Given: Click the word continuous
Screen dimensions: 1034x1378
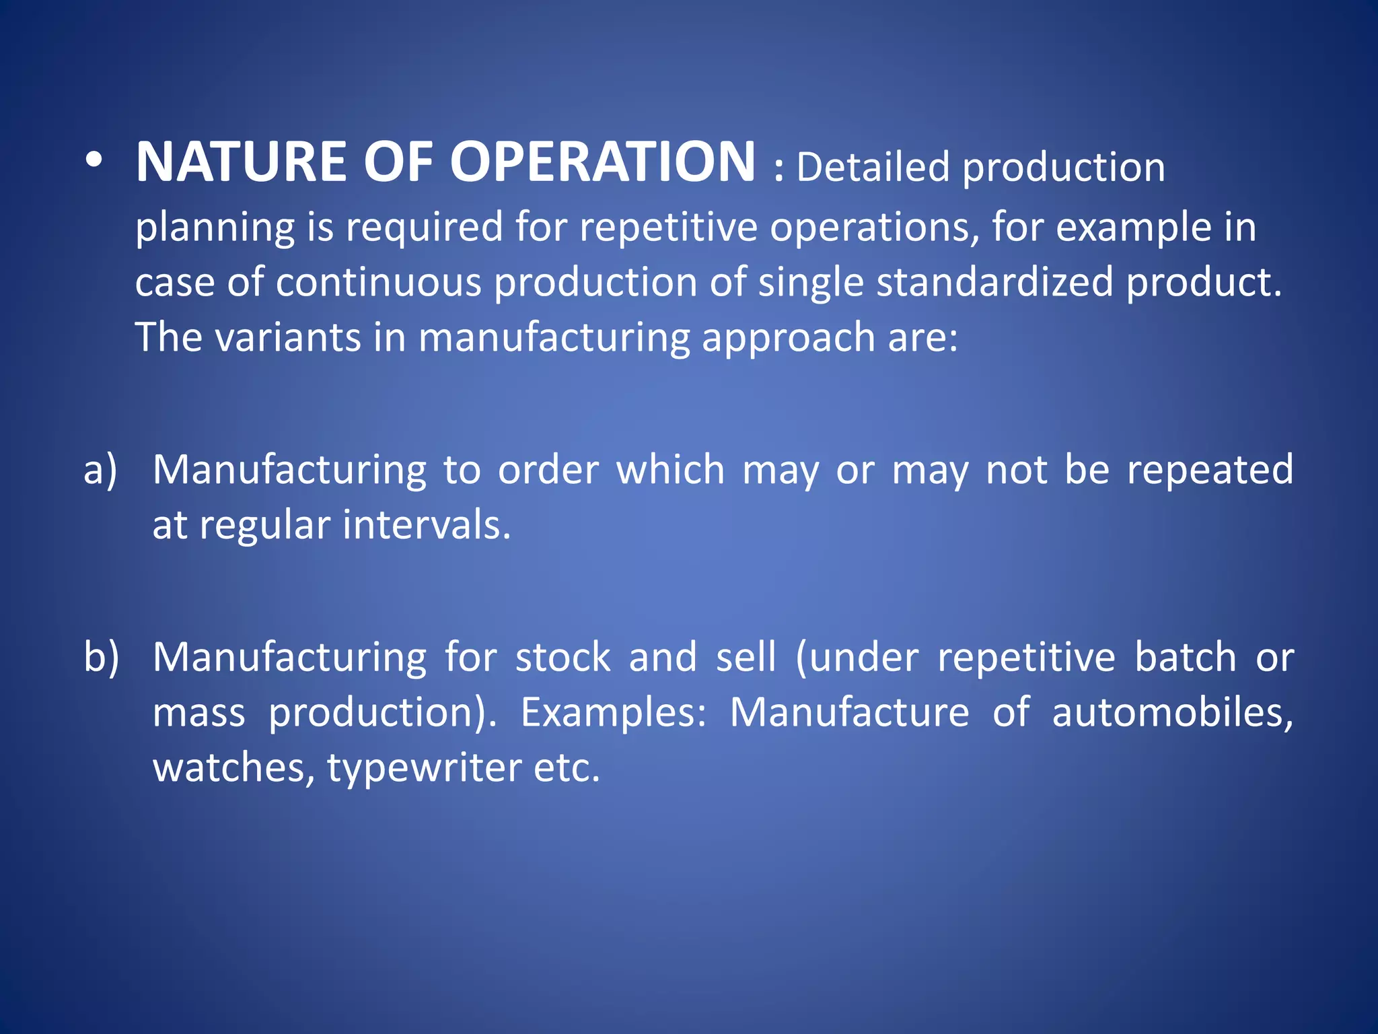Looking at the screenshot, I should click(378, 281).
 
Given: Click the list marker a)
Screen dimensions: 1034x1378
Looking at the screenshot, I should click(100, 470).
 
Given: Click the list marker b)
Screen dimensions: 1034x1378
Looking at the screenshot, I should click(101, 658).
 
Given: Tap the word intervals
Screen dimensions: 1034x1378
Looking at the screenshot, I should click(427, 525).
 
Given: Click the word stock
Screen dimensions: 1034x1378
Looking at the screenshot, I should click(563, 658).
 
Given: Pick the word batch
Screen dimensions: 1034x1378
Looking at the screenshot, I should click(1186, 658).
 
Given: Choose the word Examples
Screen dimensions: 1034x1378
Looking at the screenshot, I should click(613, 713).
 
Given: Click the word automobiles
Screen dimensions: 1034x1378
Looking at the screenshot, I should click(1172, 713).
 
